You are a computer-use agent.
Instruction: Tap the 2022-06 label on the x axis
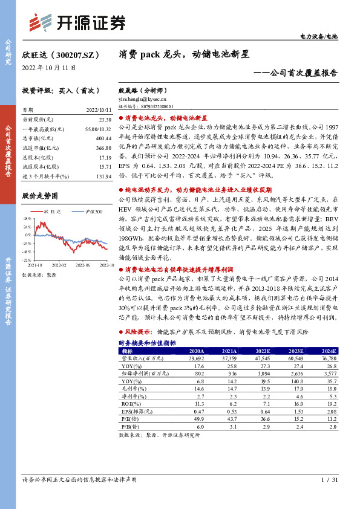click(x=83, y=264)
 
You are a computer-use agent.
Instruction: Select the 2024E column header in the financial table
click(x=327, y=351)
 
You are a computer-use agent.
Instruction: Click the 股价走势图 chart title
click(x=41, y=196)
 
